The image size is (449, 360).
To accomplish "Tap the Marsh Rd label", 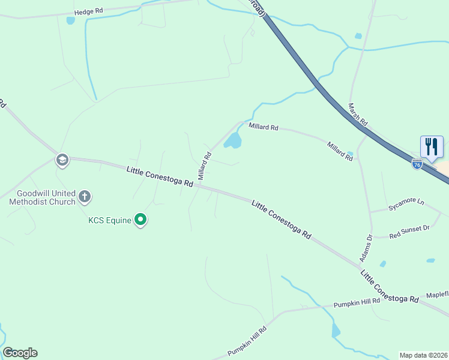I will click(358, 113).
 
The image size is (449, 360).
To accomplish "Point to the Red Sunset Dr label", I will click(410, 229).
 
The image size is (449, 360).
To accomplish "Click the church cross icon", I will click(85, 196).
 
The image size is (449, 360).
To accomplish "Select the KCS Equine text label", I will click(110, 220).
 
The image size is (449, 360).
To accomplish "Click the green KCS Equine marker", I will click(140, 220).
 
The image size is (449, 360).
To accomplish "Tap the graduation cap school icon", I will click(62, 160).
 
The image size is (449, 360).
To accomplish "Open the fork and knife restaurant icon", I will click(432, 146).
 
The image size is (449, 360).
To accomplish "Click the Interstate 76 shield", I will click(417, 163).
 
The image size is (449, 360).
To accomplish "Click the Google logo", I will click(20, 353).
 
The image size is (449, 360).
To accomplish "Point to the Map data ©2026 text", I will click(423, 355).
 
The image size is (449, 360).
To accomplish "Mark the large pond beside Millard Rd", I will click(233, 142).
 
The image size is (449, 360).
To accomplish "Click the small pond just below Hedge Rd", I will click(71, 20).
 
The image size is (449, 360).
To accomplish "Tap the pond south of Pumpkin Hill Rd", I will click(336, 330).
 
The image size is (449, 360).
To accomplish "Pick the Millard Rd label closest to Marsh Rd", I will click(340, 151).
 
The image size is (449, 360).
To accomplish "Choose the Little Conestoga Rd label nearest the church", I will click(160, 178).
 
